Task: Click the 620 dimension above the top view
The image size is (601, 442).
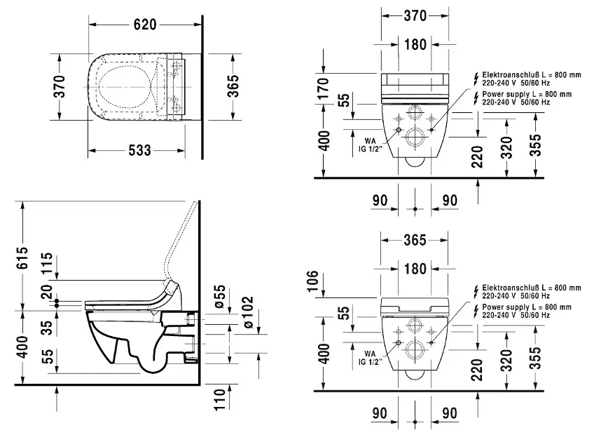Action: [x=146, y=23]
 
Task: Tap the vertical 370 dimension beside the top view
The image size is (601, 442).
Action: [x=61, y=86]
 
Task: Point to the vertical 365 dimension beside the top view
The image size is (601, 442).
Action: [x=233, y=86]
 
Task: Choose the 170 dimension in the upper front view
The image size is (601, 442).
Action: [x=324, y=91]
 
